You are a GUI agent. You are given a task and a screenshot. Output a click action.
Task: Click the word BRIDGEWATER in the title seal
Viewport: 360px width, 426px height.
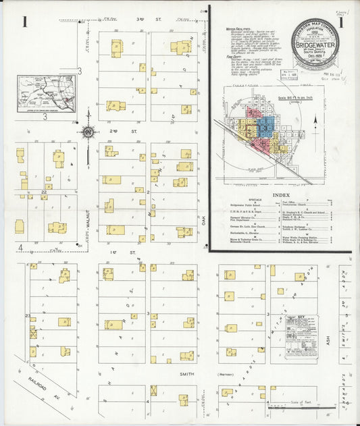click(316, 49)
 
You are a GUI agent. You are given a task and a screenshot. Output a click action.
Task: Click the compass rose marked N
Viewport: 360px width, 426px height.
click(88, 132)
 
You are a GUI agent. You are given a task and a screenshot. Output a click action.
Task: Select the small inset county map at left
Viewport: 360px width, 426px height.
click(47, 94)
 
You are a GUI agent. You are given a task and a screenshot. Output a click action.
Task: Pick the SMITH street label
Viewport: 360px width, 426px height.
click(187, 374)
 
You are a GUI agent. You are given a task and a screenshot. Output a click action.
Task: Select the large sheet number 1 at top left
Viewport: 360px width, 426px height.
click(24, 22)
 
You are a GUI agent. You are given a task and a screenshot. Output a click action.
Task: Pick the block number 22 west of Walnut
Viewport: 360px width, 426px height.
click(43, 192)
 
